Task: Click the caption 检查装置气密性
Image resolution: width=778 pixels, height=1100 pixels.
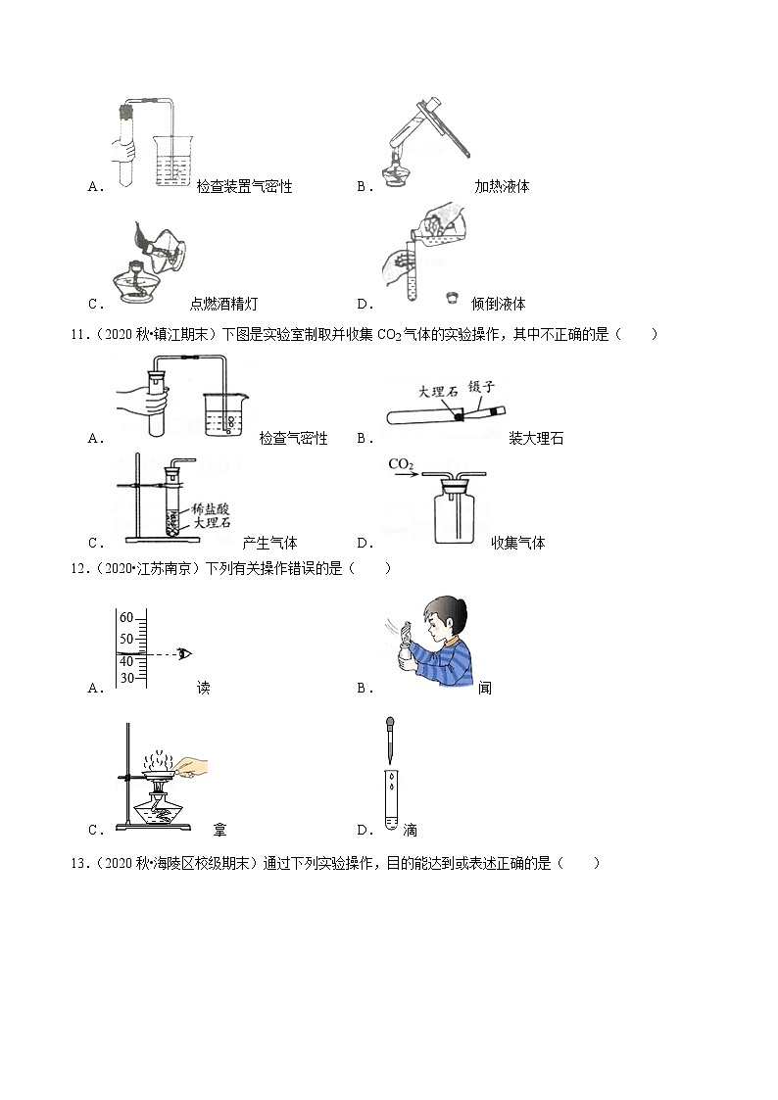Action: (x=244, y=186)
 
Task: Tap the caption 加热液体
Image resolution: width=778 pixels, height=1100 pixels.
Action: (x=502, y=186)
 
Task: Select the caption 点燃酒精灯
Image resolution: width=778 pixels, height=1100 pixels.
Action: (x=223, y=304)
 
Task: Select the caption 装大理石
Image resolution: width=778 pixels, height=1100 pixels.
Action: (x=536, y=439)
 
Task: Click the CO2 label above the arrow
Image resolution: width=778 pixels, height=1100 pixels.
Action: (x=399, y=463)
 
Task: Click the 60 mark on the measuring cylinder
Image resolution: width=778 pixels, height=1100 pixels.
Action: (x=125, y=617)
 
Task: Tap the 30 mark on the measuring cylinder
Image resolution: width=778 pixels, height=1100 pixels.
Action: (x=126, y=678)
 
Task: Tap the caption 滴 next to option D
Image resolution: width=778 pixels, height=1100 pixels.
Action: (x=410, y=831)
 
